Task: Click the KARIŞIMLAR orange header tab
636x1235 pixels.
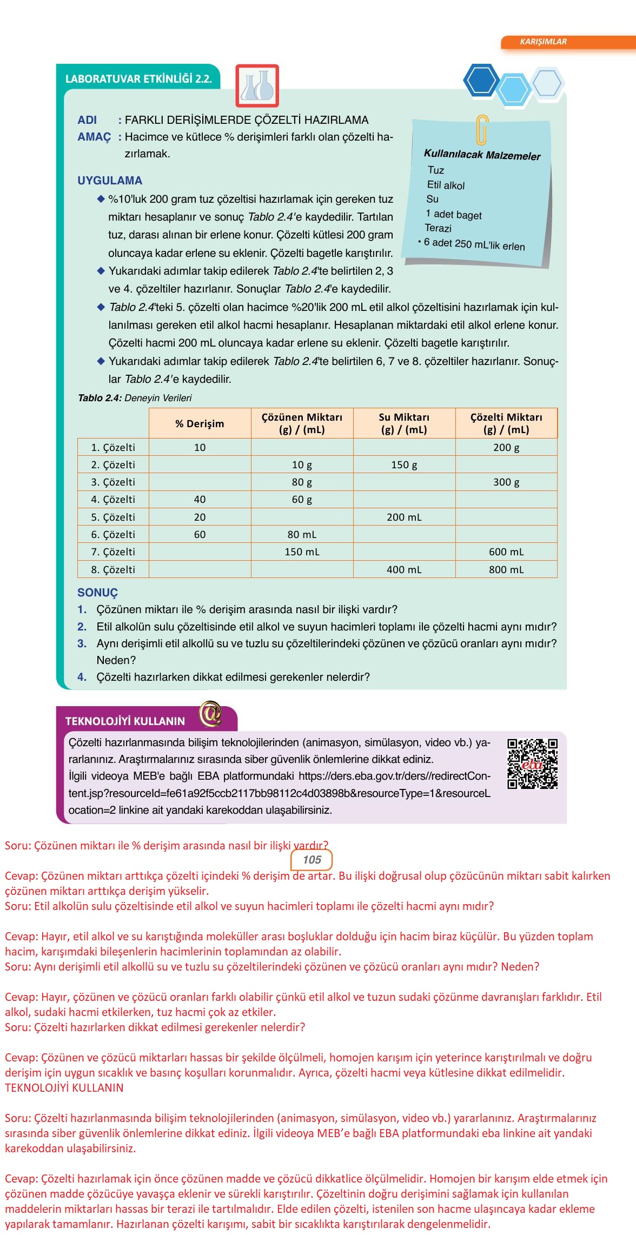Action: [x=543, y=42]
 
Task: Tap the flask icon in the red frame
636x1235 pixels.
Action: [x=257, y=85]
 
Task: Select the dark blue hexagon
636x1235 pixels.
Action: [x=481, y=81]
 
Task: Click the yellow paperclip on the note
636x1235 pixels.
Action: [x=481, y=130]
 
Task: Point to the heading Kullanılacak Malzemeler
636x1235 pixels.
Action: [x=482, y=155]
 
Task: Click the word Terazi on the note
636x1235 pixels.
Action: [x=438, y=228]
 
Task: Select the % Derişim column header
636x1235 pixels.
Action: [x=200, y=424]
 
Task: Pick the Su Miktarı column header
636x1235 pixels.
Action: [x=404, y=424]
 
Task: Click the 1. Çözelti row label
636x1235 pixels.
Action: [x=113, y=447]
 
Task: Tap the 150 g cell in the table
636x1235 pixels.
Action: [x=404, y=464]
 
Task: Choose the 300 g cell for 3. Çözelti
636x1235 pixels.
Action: [x=506, y=482]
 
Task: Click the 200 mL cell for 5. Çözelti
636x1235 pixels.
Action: [x=404, y=517]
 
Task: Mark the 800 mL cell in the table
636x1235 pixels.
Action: [x=506, y=569]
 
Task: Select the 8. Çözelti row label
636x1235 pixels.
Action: [x=113, y=569]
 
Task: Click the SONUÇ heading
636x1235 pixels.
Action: [x=97, y=593]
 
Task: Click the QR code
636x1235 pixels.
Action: [x=532, y=763]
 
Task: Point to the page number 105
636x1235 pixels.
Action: [x=312, y=860]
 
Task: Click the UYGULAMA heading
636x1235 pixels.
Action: [x=110, y=181]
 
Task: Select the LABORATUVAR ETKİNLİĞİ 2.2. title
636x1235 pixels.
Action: [x=138, y=79]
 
